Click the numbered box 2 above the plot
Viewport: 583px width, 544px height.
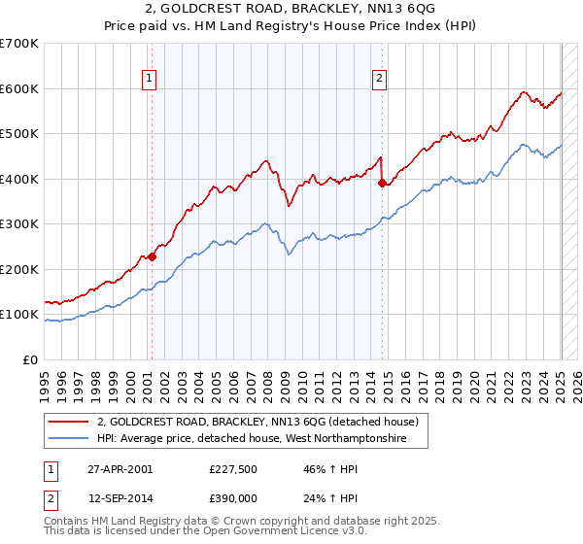[x=379, y=80]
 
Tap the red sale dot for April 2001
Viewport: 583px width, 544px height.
[x=152, y=257]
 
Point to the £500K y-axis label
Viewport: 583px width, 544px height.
[x=19, y=134]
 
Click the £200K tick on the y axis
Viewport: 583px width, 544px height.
[x=19, y=269]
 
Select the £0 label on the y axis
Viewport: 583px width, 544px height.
[x=29, y=359]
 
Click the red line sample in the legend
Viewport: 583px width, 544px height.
[x=68, y=422]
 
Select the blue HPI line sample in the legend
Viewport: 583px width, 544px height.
[x=68, y=439]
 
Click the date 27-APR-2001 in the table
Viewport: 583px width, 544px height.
[x=120, y=468]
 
